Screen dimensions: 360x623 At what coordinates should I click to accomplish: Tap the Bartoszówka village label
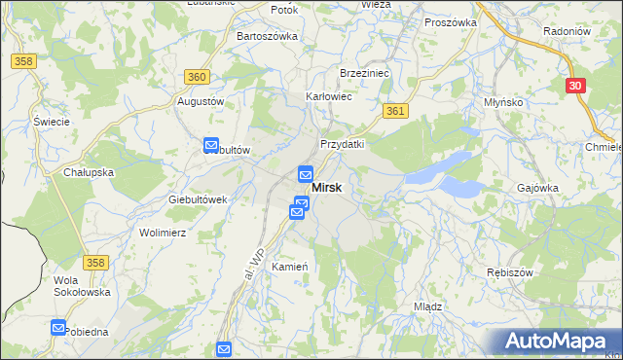267,36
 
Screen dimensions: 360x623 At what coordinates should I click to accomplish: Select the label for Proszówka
450,21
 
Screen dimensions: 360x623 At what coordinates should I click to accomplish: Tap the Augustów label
201,101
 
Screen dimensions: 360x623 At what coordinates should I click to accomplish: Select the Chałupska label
89,172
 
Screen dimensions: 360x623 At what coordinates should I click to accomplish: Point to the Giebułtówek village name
198,198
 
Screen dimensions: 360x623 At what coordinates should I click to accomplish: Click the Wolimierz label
163,234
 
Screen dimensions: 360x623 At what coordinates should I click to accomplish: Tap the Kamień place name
290,267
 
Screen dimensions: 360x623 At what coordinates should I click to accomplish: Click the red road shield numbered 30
574,86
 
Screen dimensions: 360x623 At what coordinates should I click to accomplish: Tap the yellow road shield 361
394,112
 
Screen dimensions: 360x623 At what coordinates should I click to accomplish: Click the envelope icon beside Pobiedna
58,329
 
